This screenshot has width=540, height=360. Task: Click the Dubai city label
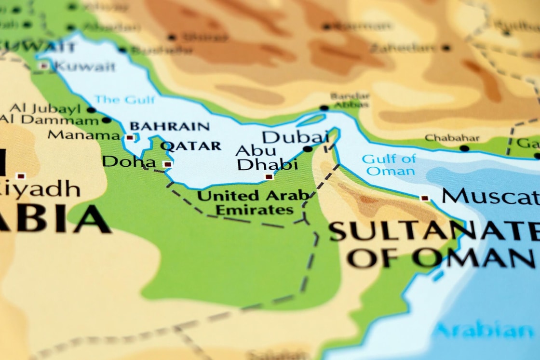point(295,136)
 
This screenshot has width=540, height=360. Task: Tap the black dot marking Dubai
point(307,149)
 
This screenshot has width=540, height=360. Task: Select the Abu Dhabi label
point(267,158)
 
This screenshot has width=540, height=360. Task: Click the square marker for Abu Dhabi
point(269,177)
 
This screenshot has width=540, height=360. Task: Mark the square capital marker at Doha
point(167,164)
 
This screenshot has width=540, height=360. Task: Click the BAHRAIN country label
point(170,127)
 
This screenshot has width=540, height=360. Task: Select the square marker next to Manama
point(130,137)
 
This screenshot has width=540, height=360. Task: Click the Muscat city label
point(490,197)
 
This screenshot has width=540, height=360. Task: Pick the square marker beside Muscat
point(424,198)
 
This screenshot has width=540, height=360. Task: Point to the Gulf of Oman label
point(389,164)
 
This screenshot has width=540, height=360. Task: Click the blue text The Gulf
point(125,100)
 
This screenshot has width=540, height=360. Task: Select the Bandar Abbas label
point(350,100)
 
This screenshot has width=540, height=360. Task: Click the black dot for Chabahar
point(464,148)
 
